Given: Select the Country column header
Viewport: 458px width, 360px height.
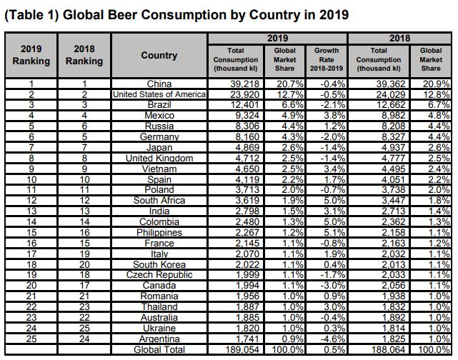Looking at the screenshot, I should tap(159, 56).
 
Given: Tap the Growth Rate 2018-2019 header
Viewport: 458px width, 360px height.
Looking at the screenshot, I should tap(327, 60).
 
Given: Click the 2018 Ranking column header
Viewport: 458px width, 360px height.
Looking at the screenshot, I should tap(84, 56).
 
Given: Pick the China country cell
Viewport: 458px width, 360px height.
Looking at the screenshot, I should tap(159, 84).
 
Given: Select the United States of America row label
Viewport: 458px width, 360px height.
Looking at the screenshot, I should tap(159, 94).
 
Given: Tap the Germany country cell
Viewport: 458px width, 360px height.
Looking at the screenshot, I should tap(159, 137).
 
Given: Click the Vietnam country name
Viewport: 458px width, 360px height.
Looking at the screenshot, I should tap(159, 169).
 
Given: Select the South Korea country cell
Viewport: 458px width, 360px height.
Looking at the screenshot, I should tap(159, 264).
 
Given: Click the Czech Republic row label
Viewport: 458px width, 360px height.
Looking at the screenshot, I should tap(159, 275).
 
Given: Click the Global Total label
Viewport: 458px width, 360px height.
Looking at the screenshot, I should tap(159, 349).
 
